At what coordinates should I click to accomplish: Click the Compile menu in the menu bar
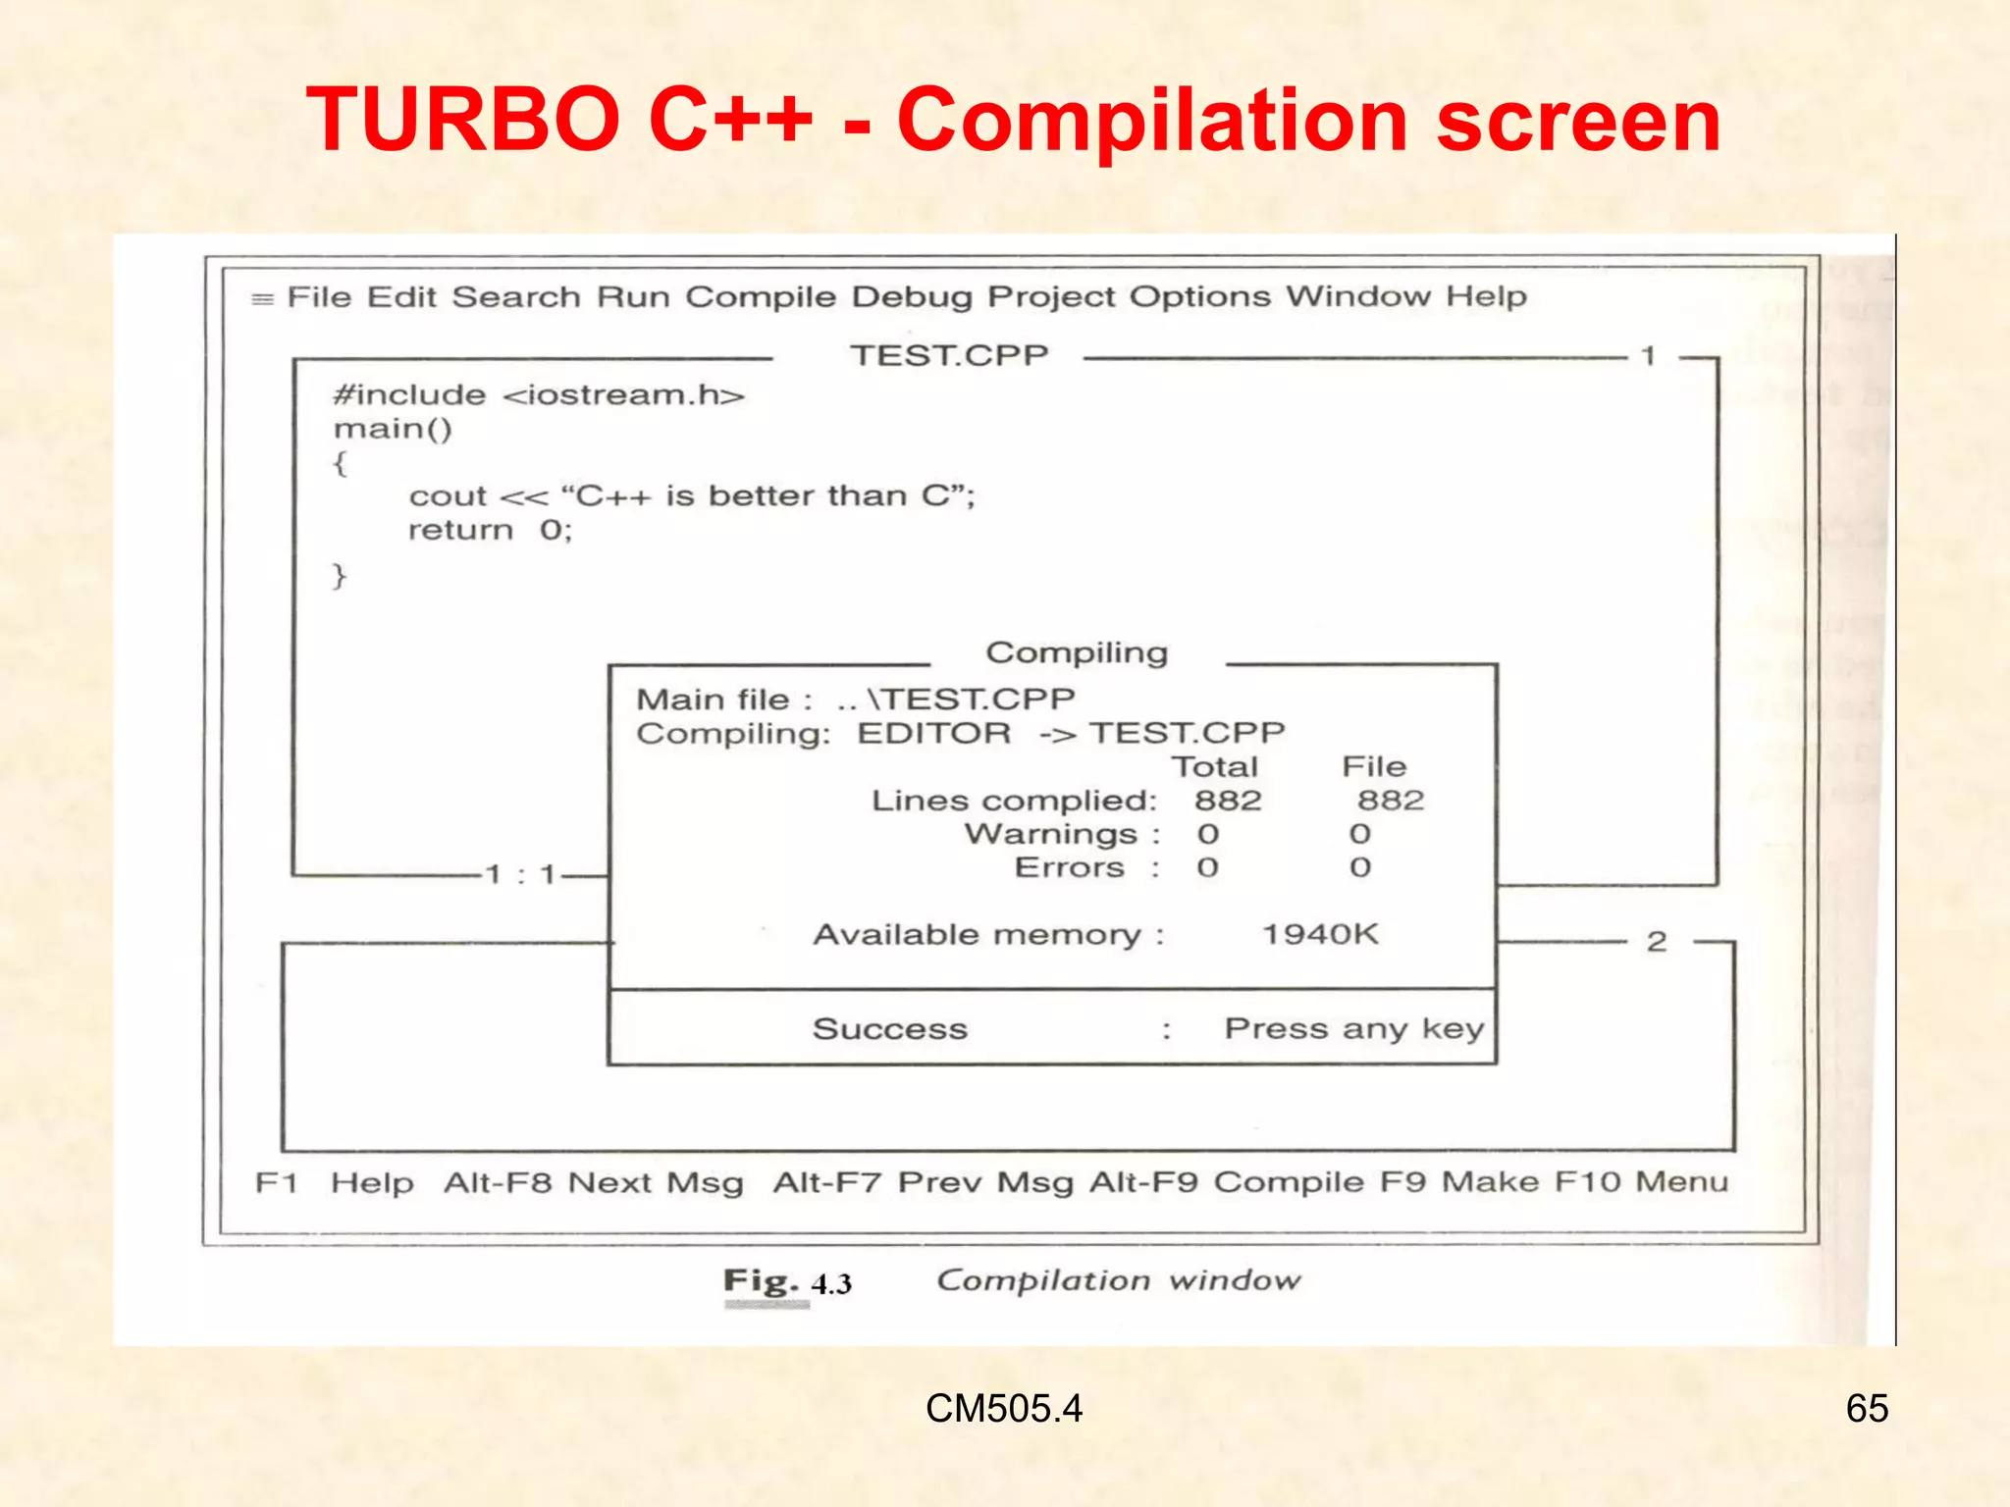pyautogui.click(x=761, y=297)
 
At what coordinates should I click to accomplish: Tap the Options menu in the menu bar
pyautogui.click(x=1199, y=297)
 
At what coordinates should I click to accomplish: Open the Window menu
pyautogui.click(x=1357, y=296)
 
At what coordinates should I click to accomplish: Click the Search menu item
pyautogui.click(x=516, y=297)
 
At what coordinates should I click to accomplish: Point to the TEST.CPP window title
pyautogui.click(x=949, y=355)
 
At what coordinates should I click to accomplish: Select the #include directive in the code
pyautogui.click(x=409, y=395)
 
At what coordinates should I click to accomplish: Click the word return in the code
pyautogui.click(x=460, y=531)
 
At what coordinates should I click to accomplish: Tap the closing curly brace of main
pyautogui.click(x=340, y=576)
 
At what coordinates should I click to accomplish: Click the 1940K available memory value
pyautogui.click(x=1320, y=934)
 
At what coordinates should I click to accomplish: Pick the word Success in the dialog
pyautogui.click(x=890, y=1029)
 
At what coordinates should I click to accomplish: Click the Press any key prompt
pyautogui.click(x=1354, y=1029)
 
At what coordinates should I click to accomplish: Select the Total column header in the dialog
pyautogui.click(x=1215, y=767)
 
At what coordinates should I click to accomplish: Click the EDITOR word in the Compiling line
pyautogui.click(x=933, y=734)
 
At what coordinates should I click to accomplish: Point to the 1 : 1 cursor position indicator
pyautogui.click(x=521, y=874)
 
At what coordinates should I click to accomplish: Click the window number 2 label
pyautogui.click(x=1657, y=942)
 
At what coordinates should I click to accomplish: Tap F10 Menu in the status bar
pyautogui.click(x=1641, y=1181)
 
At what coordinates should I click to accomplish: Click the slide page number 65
pyautogui.click(x=1867, y=1409)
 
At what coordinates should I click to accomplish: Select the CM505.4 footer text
pyautogui.click(x=1004, y=1409)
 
